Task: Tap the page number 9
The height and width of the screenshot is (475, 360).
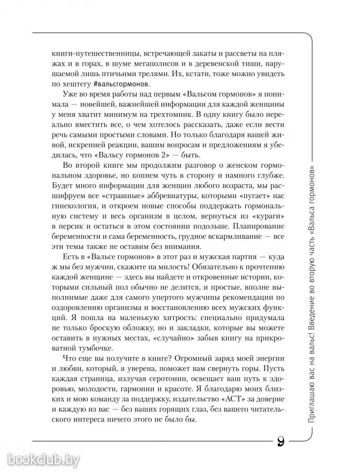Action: pos(281,442)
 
